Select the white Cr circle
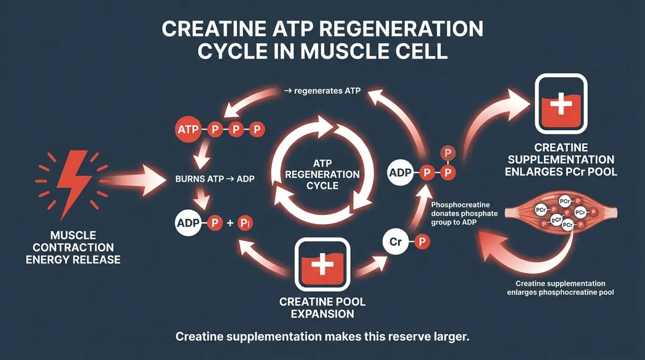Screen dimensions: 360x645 (396, 242)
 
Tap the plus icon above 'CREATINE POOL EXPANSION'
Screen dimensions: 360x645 (322, 266)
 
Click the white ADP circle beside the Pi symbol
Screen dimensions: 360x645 (187, 222)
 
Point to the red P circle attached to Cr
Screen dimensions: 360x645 (422, 242)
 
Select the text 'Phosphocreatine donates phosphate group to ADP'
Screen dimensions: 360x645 (464, 214)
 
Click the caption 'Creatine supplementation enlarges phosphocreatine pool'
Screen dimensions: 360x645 (560, 288)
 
